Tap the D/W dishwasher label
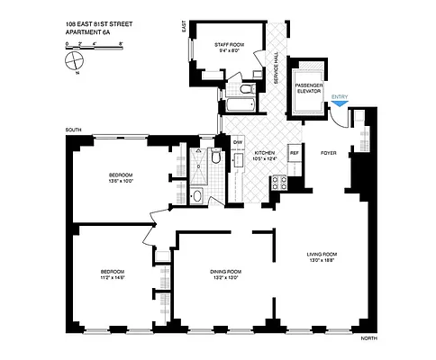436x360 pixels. [238, 143]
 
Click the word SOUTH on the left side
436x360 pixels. [74, 130]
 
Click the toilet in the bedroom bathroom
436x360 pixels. [214, 158]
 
